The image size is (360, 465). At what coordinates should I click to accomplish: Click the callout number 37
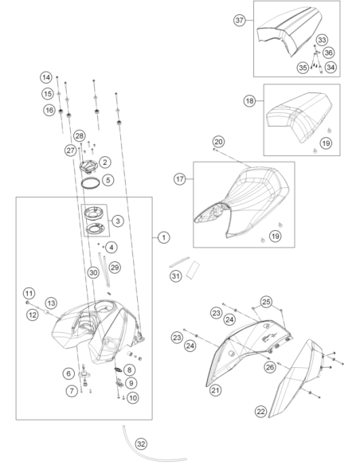pyautogui.click(x=239, y=20)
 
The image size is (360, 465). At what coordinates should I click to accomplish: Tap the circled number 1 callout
pyautogui.click(x=164, y=237)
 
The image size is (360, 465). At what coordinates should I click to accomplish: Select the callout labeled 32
pyautogui.click(x=141, y=444)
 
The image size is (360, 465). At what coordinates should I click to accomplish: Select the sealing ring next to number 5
pyautogui.click(x=90, y=183)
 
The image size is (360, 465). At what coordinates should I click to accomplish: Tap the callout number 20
pyautogui.click(x=218, y=142)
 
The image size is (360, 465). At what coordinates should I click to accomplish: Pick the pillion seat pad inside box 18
pyautogui.click(x=298, y=117)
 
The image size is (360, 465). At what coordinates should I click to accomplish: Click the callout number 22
pyautogui.click(x=260, y=412)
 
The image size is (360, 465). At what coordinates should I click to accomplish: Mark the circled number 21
pyautogui.click(x=216, y=390)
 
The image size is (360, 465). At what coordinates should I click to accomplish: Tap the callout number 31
pyautogui.click(x=175, y=276)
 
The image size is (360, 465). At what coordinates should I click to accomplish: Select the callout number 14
pyautogui.click(x=46, y=78)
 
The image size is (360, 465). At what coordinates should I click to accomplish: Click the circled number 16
pyautogui.click(x=49, y=111)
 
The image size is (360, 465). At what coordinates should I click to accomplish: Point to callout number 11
pyautogui.click(x=29, y=294)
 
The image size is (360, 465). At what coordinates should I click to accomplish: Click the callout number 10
pyautogui.click(x=133, y=397)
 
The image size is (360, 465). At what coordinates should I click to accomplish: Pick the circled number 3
pyautogui.click(x=118, y=221)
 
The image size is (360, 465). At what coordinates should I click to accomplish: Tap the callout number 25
pyautogui.click(x=266, y=302)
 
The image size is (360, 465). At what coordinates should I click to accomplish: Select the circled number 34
pyautogui.click(x=331, y=68)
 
